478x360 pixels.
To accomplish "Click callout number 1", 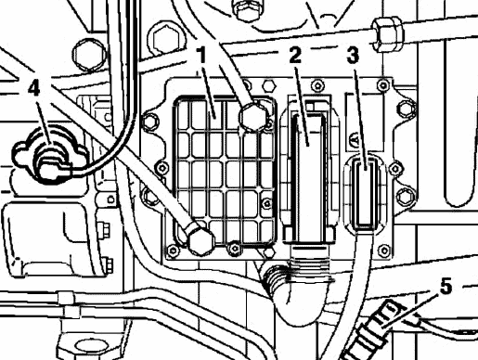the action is click(x=201, y=55).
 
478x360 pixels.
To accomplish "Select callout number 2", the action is click(x=295, y=55).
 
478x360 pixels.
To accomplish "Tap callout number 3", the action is click(x=353, y=56).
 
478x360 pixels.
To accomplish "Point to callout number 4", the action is click(x=34, y=87).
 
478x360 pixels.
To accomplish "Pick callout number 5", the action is click(x=446, y=286).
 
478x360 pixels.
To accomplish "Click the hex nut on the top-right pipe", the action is click(x=387, y=34).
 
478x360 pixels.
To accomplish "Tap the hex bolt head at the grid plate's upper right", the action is click(x=252, y=117).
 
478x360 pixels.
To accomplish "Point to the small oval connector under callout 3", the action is click(x=366, y=194).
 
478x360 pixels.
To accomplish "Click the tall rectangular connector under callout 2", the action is click(x=309, y=176).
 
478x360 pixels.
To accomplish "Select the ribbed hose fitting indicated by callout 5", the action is click(x=371, y=332).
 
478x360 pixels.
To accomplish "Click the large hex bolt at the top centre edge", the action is click(x=247, y=9).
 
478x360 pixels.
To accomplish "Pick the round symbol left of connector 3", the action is click(x=354, y=141).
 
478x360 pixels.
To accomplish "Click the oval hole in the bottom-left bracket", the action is click(x=90, y=346).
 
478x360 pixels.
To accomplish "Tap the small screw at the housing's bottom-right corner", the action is click(x=384, y=251).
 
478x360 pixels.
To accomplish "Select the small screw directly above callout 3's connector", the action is click(x=383, y=84).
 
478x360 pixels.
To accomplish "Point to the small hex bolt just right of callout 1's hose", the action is click(x=269, y=85).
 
